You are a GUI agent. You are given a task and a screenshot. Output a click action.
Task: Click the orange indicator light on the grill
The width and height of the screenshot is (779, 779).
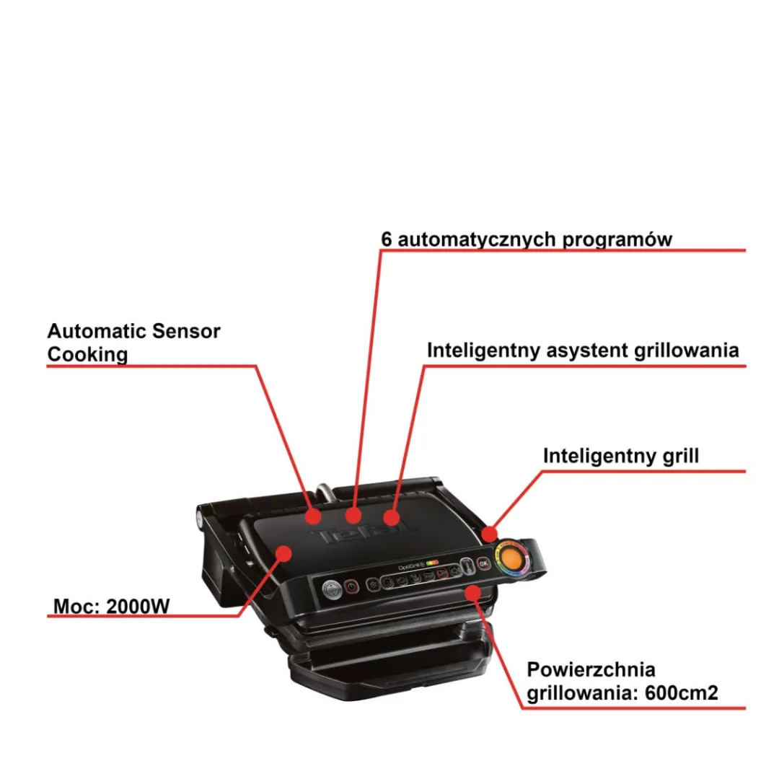click(511, 558)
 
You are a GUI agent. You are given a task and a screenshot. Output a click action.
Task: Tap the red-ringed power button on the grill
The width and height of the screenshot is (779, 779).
click(351, 586)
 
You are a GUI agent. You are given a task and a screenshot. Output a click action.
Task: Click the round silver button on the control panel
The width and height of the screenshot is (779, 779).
click(332, 590)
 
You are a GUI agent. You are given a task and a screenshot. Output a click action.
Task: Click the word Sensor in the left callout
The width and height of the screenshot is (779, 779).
click(186, 331)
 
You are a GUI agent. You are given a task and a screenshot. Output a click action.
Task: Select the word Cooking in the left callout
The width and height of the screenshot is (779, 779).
click(87, 355)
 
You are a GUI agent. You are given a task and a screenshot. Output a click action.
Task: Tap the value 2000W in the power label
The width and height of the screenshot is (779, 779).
click(138, 606)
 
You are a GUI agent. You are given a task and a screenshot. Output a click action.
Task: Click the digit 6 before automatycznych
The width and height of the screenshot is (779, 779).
click(387, 239)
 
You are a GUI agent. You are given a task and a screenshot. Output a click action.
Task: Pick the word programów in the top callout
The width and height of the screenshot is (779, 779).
click(617, 240)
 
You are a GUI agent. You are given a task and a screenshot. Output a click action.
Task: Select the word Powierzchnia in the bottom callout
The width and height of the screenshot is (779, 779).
click(591, 669)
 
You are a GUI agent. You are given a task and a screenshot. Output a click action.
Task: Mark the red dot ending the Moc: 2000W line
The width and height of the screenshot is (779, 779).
click(284, 553)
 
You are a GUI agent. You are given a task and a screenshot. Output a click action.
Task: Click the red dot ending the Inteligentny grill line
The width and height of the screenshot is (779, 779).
click(489, 534)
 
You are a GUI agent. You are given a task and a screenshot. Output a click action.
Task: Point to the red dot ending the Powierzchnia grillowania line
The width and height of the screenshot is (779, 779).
click(473, 593)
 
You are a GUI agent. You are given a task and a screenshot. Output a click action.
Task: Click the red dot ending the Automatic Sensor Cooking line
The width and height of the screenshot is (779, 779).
click(313, 516)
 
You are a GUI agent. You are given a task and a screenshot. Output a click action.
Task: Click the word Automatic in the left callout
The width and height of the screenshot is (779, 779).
click(97, 331)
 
